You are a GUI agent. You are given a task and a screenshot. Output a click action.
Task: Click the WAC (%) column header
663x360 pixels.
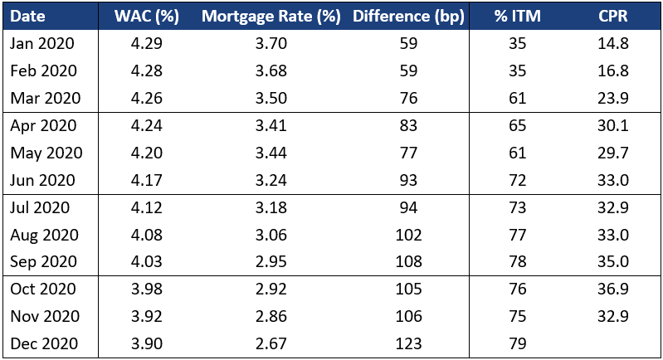(147, 16)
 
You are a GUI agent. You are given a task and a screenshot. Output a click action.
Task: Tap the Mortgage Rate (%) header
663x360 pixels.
(271, 16)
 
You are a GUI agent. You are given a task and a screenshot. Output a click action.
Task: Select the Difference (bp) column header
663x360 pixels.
(408, 16)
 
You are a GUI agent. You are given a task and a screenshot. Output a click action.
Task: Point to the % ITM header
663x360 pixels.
(518, 16)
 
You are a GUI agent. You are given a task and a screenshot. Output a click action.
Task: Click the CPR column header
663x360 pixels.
(613, 16)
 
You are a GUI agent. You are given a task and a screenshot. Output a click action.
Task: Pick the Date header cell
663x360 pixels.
(27, 16)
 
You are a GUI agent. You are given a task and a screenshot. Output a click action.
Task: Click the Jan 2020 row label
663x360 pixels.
(42, 43)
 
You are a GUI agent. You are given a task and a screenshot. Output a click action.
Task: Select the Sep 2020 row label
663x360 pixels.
(43, 261)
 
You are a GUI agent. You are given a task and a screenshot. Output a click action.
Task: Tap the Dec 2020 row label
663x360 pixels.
(44, 343)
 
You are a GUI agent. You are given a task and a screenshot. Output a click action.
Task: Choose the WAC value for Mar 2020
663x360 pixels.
(147, 98)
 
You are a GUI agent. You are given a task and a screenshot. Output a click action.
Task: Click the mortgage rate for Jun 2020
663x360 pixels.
(271, 180)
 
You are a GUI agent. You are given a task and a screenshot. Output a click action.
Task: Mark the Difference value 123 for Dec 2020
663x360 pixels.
(408, 343)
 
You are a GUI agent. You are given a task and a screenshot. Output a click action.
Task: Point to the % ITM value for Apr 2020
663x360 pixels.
(518, 125)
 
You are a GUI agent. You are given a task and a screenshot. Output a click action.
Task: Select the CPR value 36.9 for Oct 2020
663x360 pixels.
(613, 289)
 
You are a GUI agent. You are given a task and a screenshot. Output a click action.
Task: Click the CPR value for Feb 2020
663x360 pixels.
(613, 71)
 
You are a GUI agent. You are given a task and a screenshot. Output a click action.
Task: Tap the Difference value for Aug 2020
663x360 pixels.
(408, 235)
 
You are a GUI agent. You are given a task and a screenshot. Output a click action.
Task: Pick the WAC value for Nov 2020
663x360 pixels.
(147, 316)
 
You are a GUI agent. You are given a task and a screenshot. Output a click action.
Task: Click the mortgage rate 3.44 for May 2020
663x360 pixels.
(271, 153)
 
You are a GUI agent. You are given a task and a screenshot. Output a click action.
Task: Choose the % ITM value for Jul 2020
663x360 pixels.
(518, 207)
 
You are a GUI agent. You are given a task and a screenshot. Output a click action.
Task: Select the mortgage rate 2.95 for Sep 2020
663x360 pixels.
(271, 261)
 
